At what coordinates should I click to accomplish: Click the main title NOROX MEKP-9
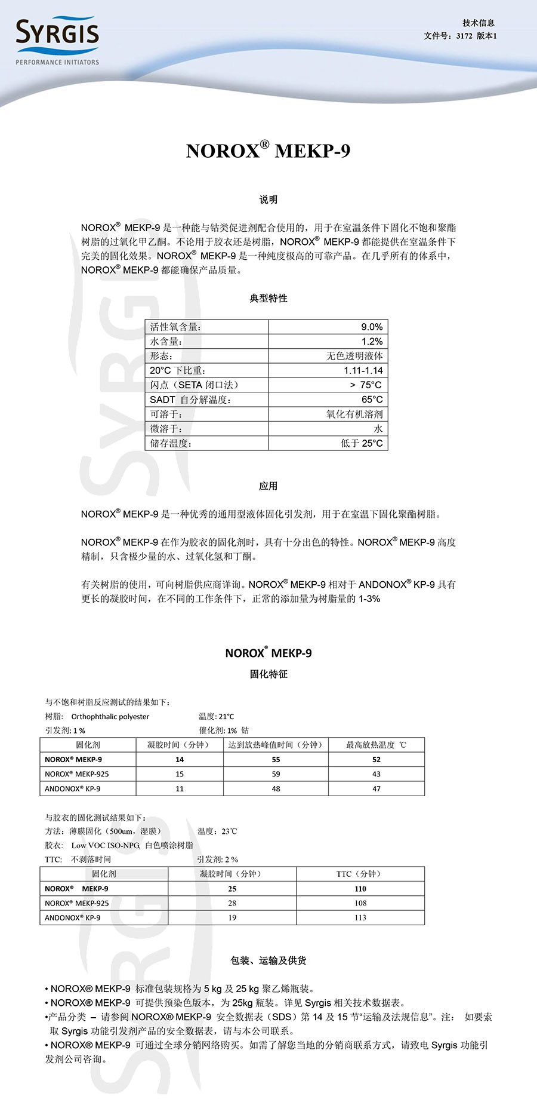click(268, 151)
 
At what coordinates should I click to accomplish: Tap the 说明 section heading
click(268, 199)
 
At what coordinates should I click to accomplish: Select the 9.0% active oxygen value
click(372, 327)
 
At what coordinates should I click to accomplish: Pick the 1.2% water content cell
click(372, 341)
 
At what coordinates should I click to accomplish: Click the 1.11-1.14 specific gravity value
click(363, 370)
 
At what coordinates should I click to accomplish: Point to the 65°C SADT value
click(372, 400)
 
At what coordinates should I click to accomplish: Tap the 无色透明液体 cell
click(354, 356)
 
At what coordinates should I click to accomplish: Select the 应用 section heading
click(268, 486)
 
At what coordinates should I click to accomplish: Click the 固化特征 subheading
click(268, 674)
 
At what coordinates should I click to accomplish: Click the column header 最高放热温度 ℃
click(376, 745)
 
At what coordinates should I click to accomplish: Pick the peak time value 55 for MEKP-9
click(276, 760)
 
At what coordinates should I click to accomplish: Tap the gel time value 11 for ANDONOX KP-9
click(180, 788)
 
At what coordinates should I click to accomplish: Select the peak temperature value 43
click(376, 774)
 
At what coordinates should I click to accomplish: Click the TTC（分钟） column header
click(360, 874)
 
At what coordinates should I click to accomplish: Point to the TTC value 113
click(360, 917)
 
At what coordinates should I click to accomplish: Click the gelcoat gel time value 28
click(232, 903)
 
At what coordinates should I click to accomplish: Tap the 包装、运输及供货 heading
click(268, 960)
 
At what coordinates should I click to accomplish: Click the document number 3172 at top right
click(464, 36)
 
